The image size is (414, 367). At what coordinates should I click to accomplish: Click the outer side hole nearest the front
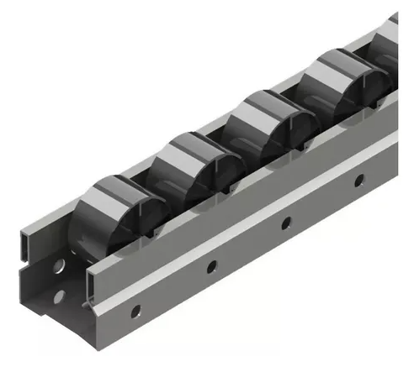point(135,312)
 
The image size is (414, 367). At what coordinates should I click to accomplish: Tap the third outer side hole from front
point(285,223)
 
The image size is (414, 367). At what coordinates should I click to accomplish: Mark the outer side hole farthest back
point(359,179)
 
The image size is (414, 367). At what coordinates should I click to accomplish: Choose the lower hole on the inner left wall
point(59,295)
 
